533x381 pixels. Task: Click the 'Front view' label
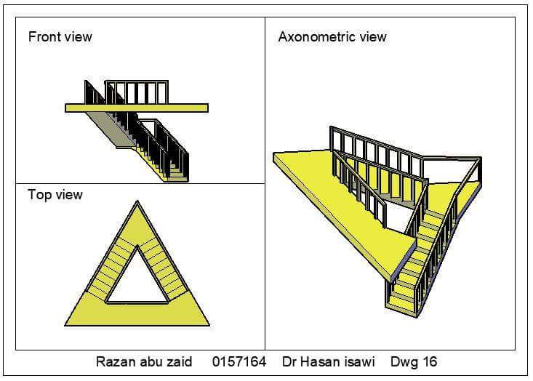(60, 36)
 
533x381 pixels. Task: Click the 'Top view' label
(55, 195)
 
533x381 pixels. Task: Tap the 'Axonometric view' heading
(332, 36)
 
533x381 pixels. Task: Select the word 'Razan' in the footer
(115, 361)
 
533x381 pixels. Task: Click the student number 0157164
(239, 361)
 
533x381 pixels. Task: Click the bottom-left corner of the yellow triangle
(67, 324)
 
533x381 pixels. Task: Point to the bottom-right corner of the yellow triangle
(208, 324)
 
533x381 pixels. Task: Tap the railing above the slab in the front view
(138, 92)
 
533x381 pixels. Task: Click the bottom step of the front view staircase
(178, 177)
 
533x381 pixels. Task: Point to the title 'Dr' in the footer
(290, 361)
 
